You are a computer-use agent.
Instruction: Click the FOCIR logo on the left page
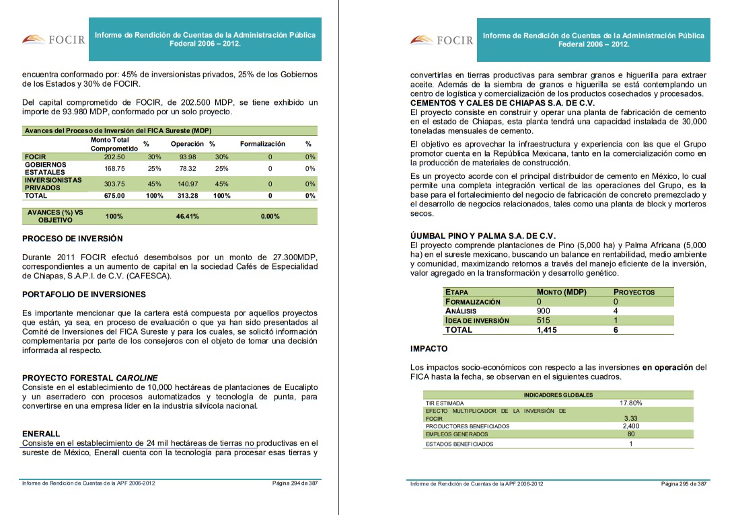54,40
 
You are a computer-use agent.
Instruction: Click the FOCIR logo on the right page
442,40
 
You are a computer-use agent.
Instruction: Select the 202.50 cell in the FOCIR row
115,157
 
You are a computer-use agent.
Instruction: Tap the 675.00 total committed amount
114,196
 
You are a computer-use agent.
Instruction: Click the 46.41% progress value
187,216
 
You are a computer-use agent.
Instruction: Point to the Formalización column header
262,144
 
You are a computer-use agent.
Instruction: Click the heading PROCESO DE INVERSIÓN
73,239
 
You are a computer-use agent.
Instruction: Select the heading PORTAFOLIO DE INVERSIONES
84,294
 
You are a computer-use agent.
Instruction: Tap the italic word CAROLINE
137,378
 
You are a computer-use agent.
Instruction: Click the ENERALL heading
41,434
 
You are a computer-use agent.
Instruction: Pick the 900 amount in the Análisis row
544,311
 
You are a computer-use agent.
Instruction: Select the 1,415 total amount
546,330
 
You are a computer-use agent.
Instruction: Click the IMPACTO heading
429,348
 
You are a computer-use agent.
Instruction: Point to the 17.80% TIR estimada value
630,403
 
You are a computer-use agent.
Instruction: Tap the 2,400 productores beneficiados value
630,426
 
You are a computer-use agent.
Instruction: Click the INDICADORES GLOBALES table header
558,395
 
